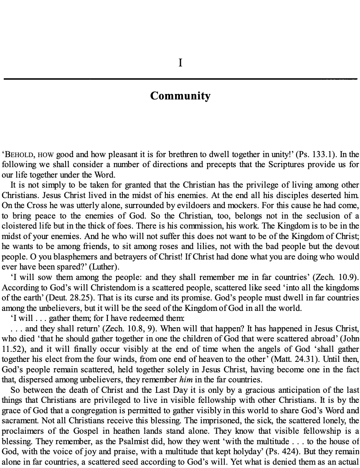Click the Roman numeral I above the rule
pyautogui.click(x=180, y=63)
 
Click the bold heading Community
pyautogui.click(x=180, y=96)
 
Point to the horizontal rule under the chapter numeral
pyautogui.click(x=180, y=79)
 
